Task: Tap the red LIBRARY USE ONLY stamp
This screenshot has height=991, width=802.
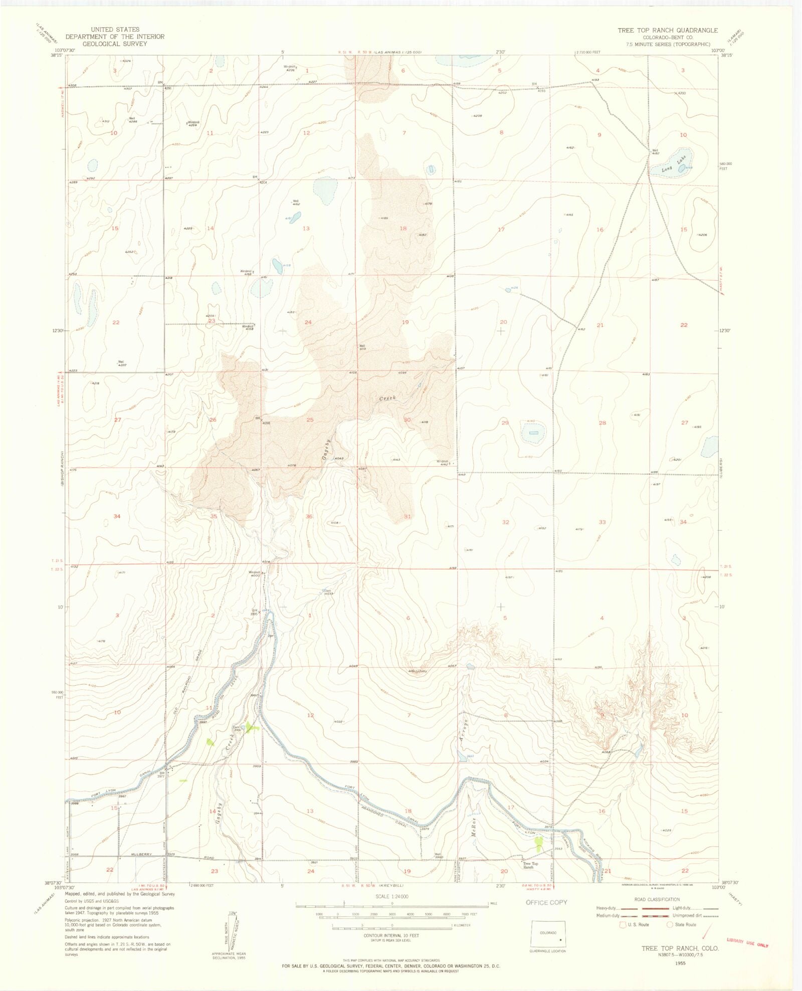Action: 747,942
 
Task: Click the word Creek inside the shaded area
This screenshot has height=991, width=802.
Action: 387,399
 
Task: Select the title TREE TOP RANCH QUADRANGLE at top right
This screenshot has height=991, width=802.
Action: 667,30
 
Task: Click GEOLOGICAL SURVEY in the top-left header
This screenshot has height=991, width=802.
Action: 115,44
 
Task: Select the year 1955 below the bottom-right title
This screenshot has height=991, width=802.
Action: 680,963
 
